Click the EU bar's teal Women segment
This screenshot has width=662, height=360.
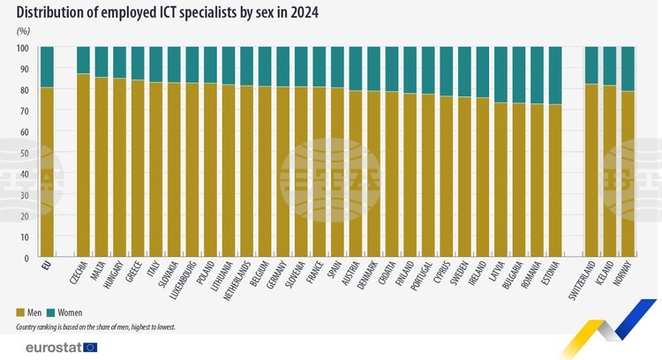point(47,66)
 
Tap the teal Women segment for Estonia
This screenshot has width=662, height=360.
point(555,75)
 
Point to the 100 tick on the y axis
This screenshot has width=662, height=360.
point(23,48)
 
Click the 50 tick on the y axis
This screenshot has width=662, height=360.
point(25,153)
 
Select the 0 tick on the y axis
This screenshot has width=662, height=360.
point(27,259)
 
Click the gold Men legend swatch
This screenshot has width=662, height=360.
point(21,313)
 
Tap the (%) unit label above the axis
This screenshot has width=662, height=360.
point(23,31)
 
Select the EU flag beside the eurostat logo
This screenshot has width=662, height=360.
point(91,347)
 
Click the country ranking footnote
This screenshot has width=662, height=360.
point(95,326)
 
